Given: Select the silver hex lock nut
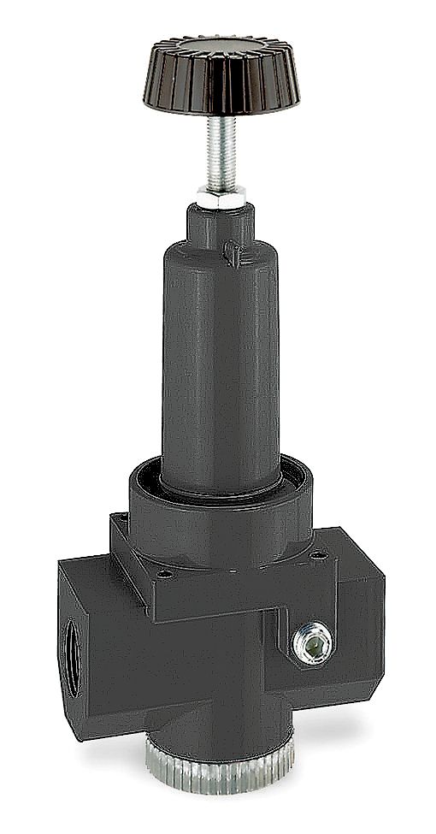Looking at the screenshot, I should tap(221, 196).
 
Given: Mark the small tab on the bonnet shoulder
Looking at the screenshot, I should tap(230, 251).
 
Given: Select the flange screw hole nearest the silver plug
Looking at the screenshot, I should tap(321, 556).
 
